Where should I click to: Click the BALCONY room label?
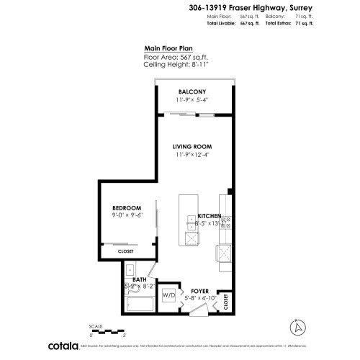click(x=192, y=91)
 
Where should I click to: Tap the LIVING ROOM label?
click(x=192, y=146)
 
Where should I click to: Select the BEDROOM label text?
click(x=125, y=207)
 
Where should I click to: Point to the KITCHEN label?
click(x=209, y=216)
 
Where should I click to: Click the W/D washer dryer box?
click(x=168, y=295)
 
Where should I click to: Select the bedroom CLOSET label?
click(x=125, y=251)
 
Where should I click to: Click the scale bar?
click(x=107, y=330)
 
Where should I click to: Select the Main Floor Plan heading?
click(x=168, y=48)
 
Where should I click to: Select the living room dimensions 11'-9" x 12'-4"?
click(x=192, y=154)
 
